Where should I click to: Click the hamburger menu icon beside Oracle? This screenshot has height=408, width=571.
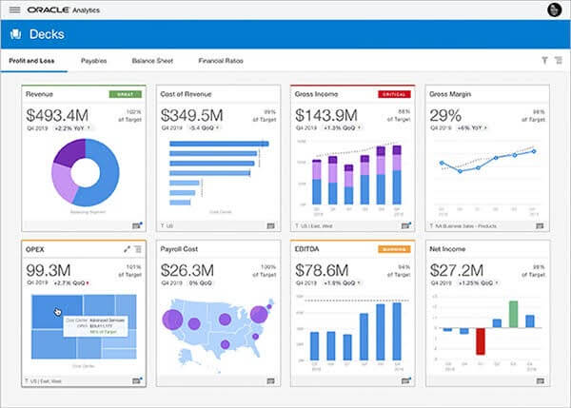pyautogui.click(x=14, y=10)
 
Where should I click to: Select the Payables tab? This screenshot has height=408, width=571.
pyautogui.click(x=94, y=61)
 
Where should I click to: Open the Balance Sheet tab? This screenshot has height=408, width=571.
pyautogui.click(x=152, y=61)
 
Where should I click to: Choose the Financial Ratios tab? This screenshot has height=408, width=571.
pyautogui.click(x=221, y=61)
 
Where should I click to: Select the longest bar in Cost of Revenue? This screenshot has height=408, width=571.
pyautogui.click(x=215, y=146)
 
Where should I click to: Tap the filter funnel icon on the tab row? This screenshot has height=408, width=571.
pyautogui.click(x=544, y=61)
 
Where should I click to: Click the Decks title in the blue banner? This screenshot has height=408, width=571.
pyautogui.click(x=47, y=34)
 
